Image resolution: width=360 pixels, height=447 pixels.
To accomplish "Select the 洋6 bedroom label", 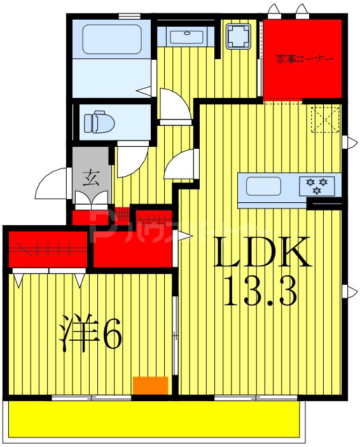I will (90, 333).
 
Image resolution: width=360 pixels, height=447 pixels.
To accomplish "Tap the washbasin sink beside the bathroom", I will (188, 36).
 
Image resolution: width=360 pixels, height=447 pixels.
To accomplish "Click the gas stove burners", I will (317, 185).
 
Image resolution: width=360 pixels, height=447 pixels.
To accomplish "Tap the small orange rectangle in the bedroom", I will (150, 385).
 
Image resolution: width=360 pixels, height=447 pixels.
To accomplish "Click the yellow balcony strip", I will (153, 420).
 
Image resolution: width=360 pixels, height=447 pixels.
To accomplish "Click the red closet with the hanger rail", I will (48, 249).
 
